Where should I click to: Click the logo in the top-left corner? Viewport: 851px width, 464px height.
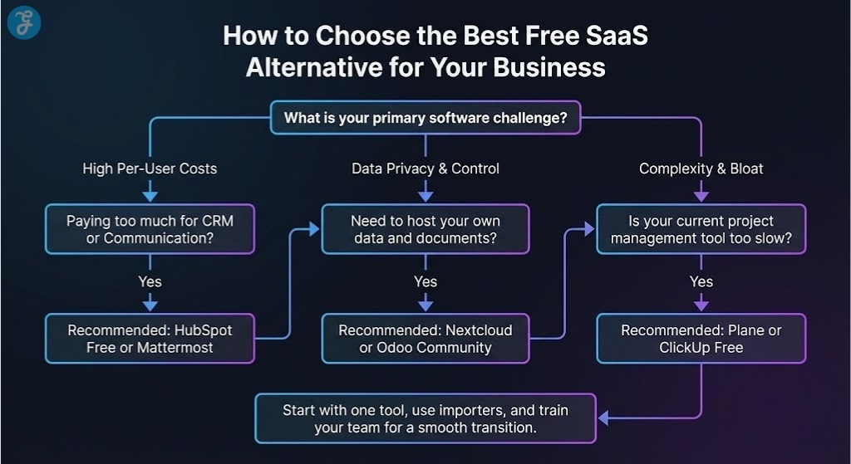(x=23, y=22)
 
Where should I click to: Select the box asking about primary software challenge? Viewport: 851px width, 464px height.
(x=425, y=118)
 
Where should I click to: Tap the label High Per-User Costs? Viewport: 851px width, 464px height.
(x=150, y=169)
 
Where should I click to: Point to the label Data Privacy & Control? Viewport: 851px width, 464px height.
(x=425, y=169)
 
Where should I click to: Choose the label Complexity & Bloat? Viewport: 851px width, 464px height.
(x=701, y=169)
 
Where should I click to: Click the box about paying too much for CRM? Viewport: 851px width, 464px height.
(x=150, y=230)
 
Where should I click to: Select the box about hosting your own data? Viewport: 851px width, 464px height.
(x=425, y=230)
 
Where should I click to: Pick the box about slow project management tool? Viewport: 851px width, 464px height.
(x=701, y=230)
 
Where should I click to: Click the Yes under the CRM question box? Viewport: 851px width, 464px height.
(x=150, y=282)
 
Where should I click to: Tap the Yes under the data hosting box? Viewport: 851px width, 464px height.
(x=425, y=282)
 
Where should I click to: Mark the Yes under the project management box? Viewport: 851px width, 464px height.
(x=701, y=282)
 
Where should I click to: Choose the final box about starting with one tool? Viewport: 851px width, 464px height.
(x=425, y=418)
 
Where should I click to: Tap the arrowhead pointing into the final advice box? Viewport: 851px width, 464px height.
(x=604, y=418)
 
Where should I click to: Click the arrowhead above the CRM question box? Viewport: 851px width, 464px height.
(x=150, y=196)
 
